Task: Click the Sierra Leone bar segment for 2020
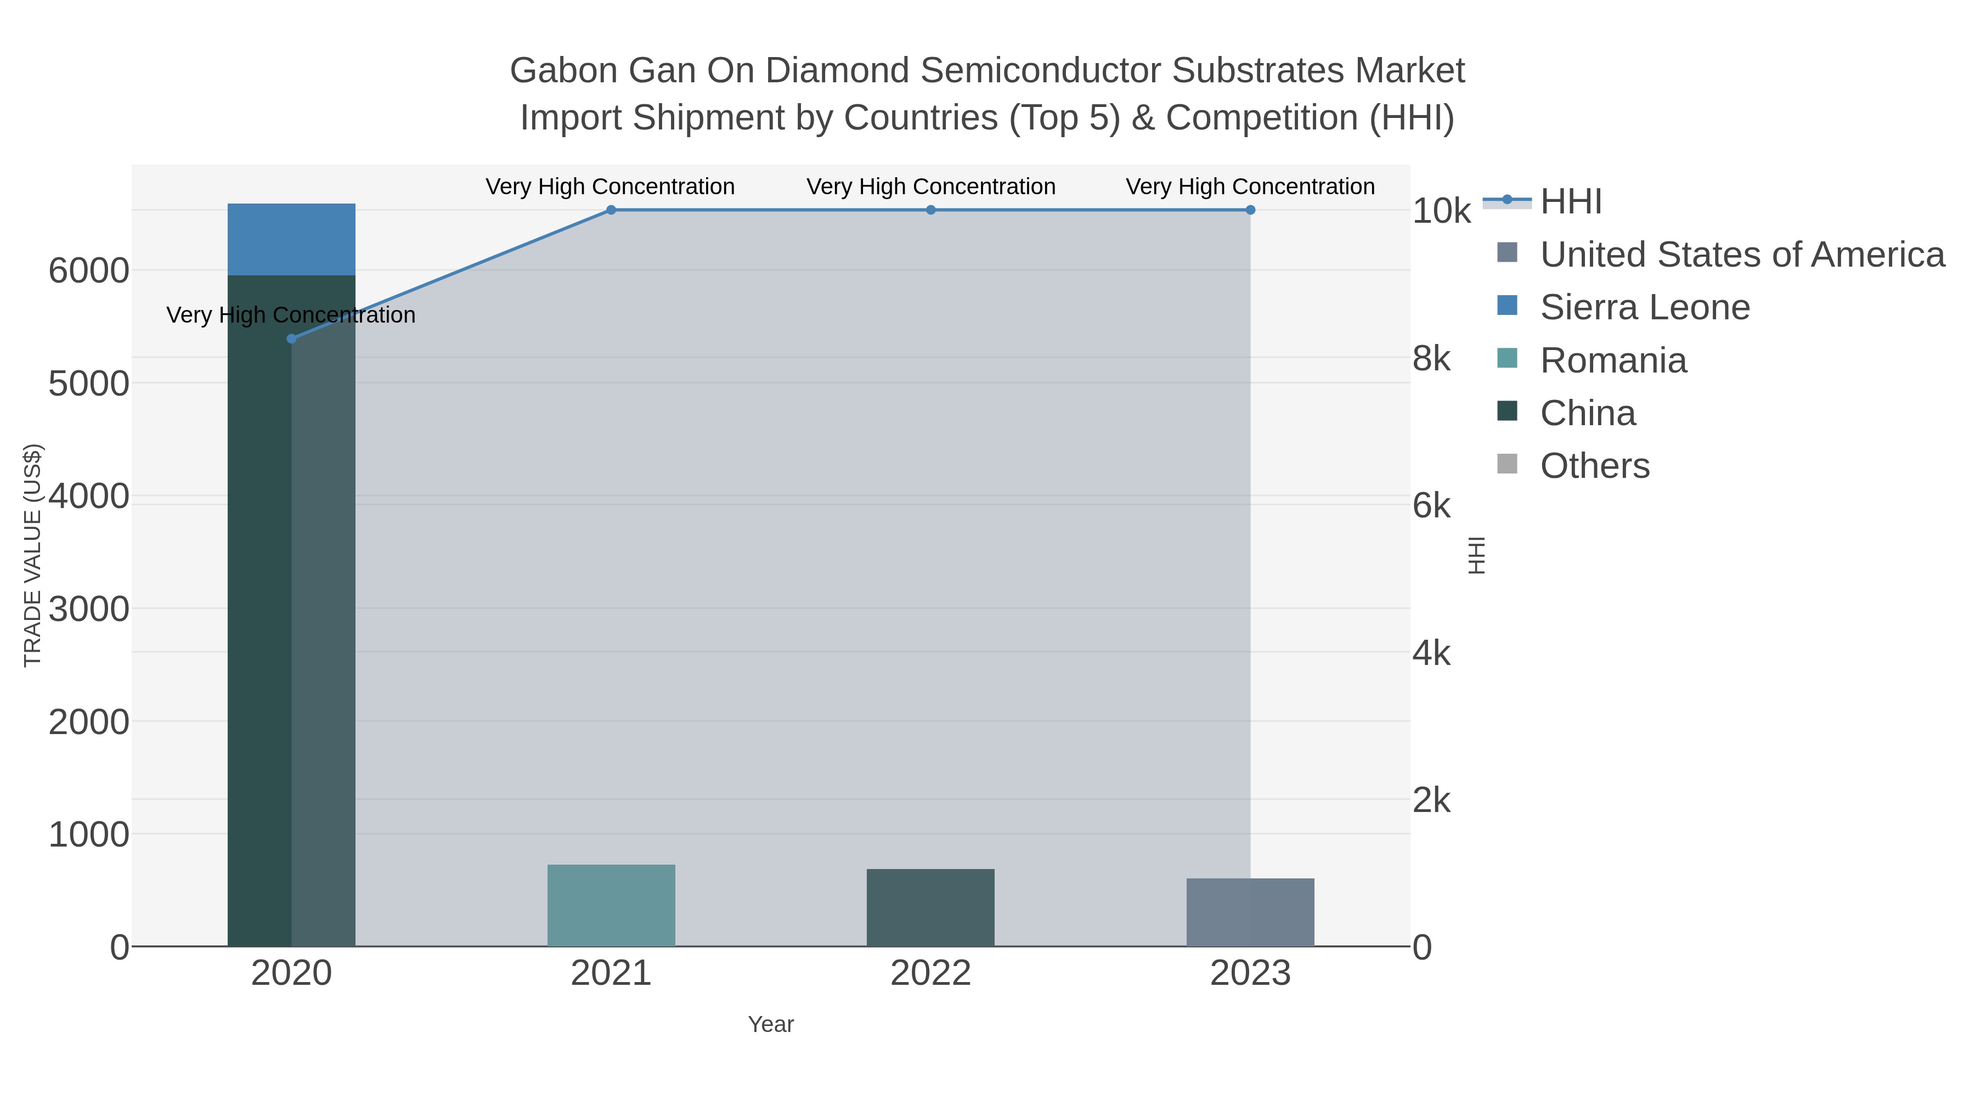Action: (291, 239)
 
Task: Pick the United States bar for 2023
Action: (1250, 912)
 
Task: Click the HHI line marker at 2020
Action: (291, 338)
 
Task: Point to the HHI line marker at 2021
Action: (611, 210)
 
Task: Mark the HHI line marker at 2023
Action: (1250, 210)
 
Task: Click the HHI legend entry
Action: (1570, 202)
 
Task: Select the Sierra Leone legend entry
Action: (1645, 307)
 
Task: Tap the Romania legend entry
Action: (1613, 360)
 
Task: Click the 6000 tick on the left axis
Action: (89, 270)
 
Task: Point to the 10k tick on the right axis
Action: (1441, 212)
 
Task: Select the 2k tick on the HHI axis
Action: (1431, 800)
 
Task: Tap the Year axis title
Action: (771, 1024)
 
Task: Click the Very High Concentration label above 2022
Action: (930, 187)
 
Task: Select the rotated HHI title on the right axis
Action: (1476, 555)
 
